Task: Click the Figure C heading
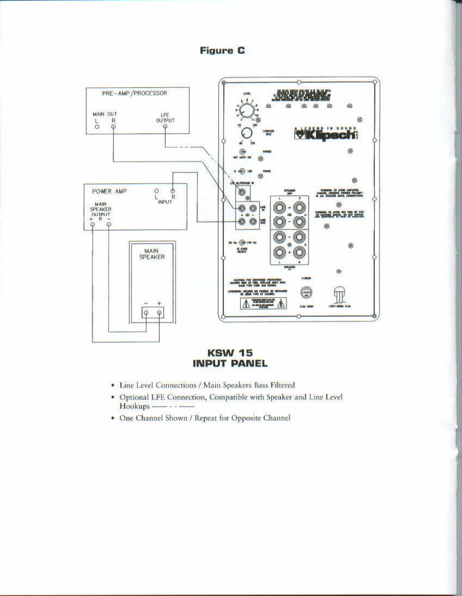(222, 50)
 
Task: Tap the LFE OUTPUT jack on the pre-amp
(165, 127)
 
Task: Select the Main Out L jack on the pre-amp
(97, 127)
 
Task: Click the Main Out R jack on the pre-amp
(113, 127)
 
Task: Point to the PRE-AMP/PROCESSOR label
(134, 93)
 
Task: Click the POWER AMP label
(109, 191)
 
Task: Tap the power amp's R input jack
(173, 191)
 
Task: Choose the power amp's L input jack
(156, 191)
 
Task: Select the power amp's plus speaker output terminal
(93, 225)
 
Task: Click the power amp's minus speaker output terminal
(109, 225)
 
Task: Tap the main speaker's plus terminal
(159, 313)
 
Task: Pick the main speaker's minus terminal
(146, 313)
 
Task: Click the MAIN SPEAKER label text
(152, 254)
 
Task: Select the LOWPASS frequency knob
(247, 133)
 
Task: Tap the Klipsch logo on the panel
(326, 134)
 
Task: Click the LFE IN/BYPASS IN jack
(242, 192)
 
